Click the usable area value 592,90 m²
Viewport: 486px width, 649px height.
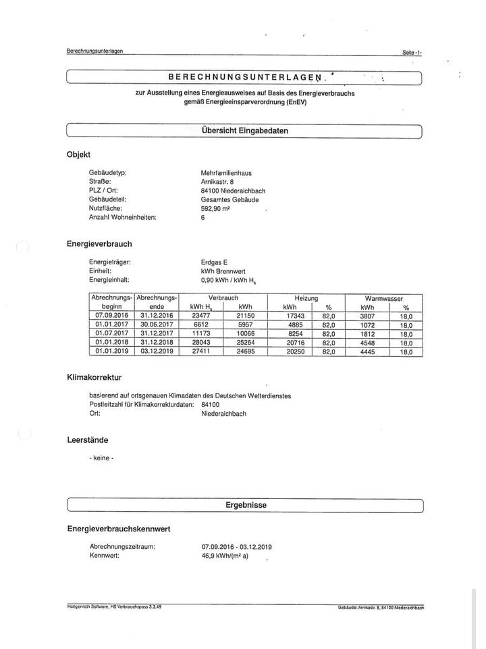tap(217, 208)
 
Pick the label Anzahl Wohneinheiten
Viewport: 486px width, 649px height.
tap(123, 217)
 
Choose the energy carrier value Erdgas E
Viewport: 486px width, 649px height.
tap(215, 262)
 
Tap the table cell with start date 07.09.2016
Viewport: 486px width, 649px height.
tap(112, 315)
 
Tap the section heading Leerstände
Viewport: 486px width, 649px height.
tap(88, 440)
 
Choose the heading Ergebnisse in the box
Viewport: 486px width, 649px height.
tap(246, 505)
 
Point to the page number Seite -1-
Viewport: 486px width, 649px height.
tap(412, 52)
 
